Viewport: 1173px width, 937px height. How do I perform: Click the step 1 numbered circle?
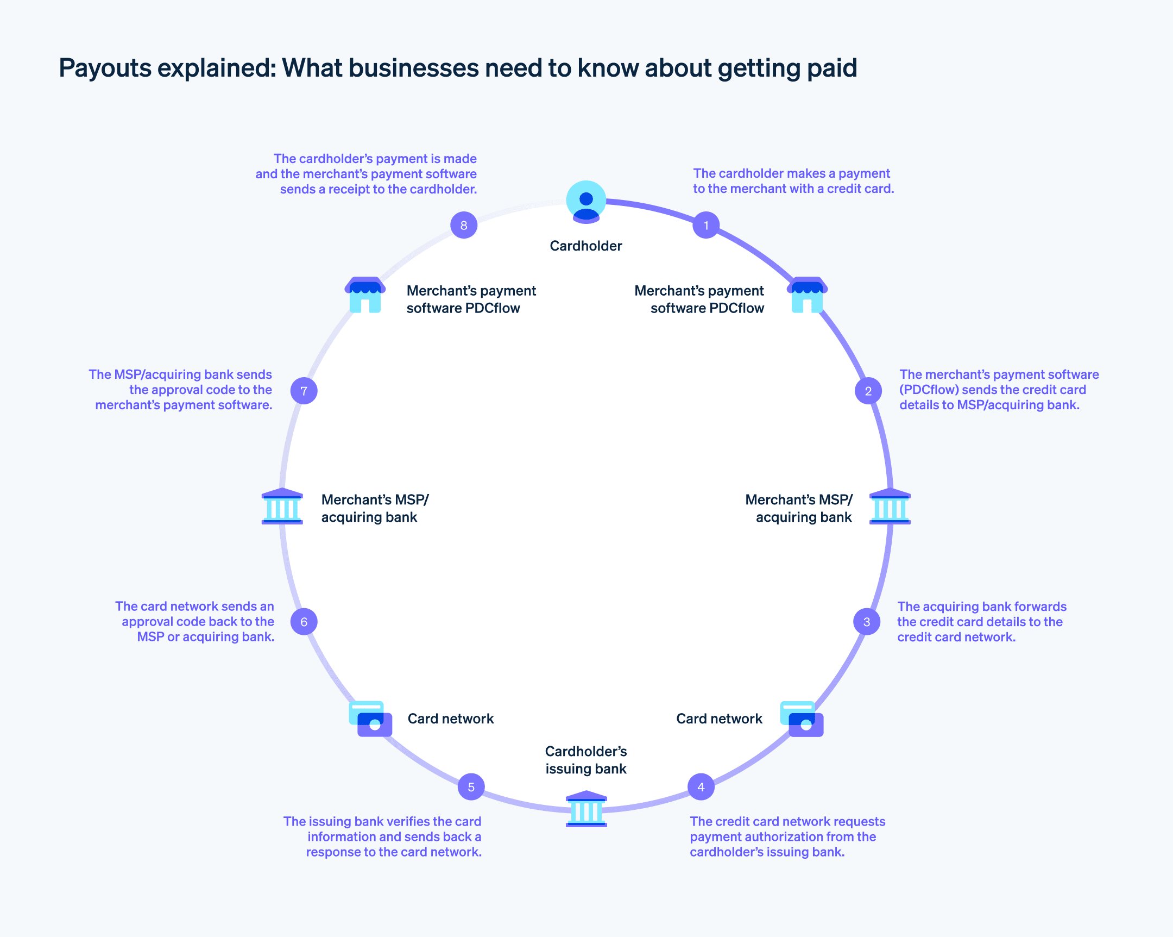pyautogui.click(x=705, y=225)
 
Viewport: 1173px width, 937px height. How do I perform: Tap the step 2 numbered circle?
pyautogui.click(x=868, y=390)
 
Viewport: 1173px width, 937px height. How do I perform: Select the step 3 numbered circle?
pyautogui.click(x=867, y=621)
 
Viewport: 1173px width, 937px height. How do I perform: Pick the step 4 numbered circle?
pyautogui.click(x=701, y=787)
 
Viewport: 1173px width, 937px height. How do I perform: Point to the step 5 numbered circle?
pyautogui.click(x=471, y=787)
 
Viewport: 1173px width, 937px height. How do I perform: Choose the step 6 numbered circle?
pyautogui.click(x=304, y=621)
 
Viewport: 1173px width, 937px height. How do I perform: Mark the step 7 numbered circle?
pyautogui.click(x=304, y=390)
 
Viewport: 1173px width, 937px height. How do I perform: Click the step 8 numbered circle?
pyautogui.click(x=464, y=225)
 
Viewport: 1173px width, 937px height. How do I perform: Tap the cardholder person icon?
pyautogui.click(x=586, y=202)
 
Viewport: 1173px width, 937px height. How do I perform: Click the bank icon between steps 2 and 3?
pyautogui.click(x=890, y=507)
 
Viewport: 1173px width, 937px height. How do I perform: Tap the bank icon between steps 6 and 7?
pyautogui.click(x=282, y=507)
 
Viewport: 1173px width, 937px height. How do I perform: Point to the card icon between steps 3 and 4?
pyautogui.click(x=802, y=719)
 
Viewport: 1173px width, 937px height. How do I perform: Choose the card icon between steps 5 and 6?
pyautogui.click(x=370, y=719)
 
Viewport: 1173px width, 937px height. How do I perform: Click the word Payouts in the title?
pyautogui.click(x=105, y=68)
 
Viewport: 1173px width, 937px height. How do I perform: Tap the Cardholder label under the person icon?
pyautogui.click(x=585, y=246)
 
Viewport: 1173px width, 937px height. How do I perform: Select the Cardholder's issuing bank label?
pyautogui.click(x=585, y=760)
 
